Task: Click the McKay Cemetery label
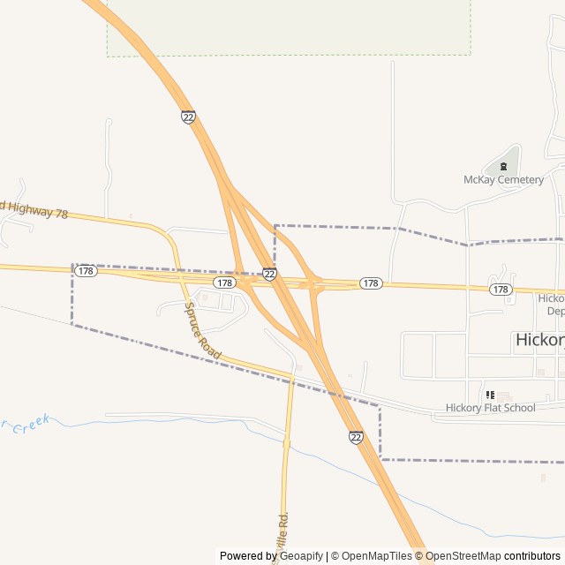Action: pyautogui.click(x=503, y=180)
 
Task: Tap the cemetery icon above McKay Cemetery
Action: pyautogui.click(x=503, y=165)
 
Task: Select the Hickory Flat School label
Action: pyautogui.click(x=490, y=408)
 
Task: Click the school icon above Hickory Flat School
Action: pyautogui.click(x=490, y=395)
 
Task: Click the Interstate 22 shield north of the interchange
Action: pyautogui.click(x=188, y=117)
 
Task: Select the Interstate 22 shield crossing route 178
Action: pyautogui.click(x=269, y=275)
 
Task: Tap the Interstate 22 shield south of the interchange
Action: pyautogui.click(x=356, y=437)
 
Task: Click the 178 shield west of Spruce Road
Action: pyautogui.click(x=86, y=271)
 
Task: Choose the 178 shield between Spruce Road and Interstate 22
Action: pyautogui.click(x=224, y=283)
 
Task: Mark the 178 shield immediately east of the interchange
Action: pyautogui.click(x=371, y=283)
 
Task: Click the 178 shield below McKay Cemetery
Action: pyautogui.click(x=501, y=290)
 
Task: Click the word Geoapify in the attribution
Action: pyautogui.click(x=301, y=556)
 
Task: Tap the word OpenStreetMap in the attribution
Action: pyautogui.click(x=464, y=556)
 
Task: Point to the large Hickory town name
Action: pyautogui.click(x=539, y=339)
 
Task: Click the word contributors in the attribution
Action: pyautogui.click(x=532, y=556)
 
